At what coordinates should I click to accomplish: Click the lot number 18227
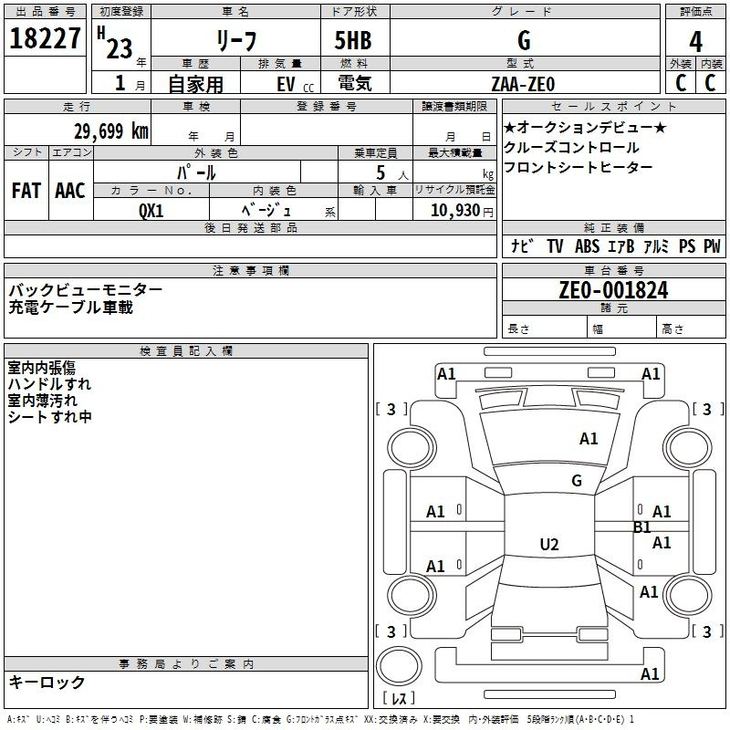(45, 38)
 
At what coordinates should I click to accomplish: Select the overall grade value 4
(695, 41)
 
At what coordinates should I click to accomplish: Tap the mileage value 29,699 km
(111, 131)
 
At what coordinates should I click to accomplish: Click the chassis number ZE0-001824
(613, 290)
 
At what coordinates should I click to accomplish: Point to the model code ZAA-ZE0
(523, 84)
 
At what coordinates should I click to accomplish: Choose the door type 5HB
(353, 40)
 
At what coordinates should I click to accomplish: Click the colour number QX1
(151, 211)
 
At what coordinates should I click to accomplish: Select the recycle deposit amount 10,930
(455, 211)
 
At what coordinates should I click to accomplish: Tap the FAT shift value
(26, 191)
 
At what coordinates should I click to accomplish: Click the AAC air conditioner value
(70, 191)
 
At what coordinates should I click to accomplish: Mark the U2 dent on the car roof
(549, 544)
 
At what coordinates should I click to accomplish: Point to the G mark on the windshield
(577, 481)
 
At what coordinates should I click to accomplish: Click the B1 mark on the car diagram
(642, 527)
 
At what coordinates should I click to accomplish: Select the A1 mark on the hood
(589, 439)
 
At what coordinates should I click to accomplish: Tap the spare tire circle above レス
(399, 666)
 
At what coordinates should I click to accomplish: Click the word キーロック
(47, 682)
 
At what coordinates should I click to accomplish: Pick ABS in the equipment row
(587, 246)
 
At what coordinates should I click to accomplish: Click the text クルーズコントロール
(571, 147)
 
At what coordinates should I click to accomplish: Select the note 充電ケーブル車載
(71, 308)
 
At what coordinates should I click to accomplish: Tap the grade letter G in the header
(524, 40)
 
